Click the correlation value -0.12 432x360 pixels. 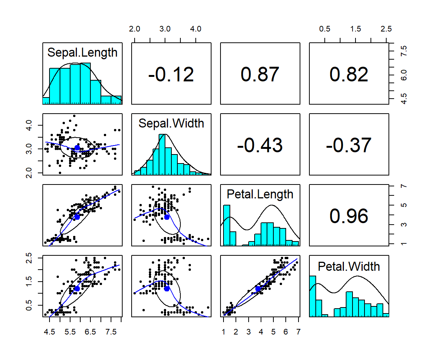171,74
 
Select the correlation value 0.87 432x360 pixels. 260,74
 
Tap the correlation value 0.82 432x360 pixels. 349,74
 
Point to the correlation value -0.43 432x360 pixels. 260,145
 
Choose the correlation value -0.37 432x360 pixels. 349,145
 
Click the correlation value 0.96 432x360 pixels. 349,216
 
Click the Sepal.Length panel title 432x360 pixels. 82,52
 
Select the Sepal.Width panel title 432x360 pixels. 171,123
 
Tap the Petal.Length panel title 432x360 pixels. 260,194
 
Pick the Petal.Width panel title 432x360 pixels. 349,266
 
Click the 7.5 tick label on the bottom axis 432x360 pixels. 111,331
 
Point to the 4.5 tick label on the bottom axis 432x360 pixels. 49,331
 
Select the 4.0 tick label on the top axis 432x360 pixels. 196,29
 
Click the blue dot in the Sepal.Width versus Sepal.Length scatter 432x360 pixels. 77,148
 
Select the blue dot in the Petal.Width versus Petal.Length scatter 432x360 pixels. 258,288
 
